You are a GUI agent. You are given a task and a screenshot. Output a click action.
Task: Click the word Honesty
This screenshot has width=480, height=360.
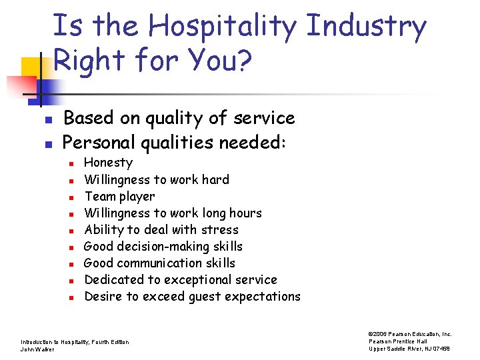[x=109, y=163]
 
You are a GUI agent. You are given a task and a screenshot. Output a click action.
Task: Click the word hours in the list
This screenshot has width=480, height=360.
[x=244, y=213]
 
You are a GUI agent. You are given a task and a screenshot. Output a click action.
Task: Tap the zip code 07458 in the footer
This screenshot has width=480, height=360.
[x=441, y=349]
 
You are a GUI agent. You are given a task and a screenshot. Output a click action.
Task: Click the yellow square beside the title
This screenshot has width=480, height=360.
[x=32, y=69]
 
